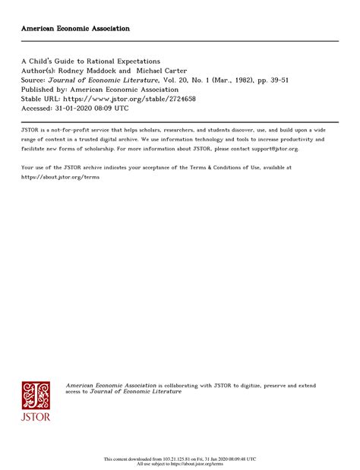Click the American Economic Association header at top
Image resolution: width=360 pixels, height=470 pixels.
tap(75, 28)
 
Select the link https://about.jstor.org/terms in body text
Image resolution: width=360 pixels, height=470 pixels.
tap(60, 176)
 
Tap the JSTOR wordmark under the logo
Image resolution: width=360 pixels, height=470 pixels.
tap(36, 417)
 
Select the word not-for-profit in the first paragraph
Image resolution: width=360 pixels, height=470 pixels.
tap(73, 131)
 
